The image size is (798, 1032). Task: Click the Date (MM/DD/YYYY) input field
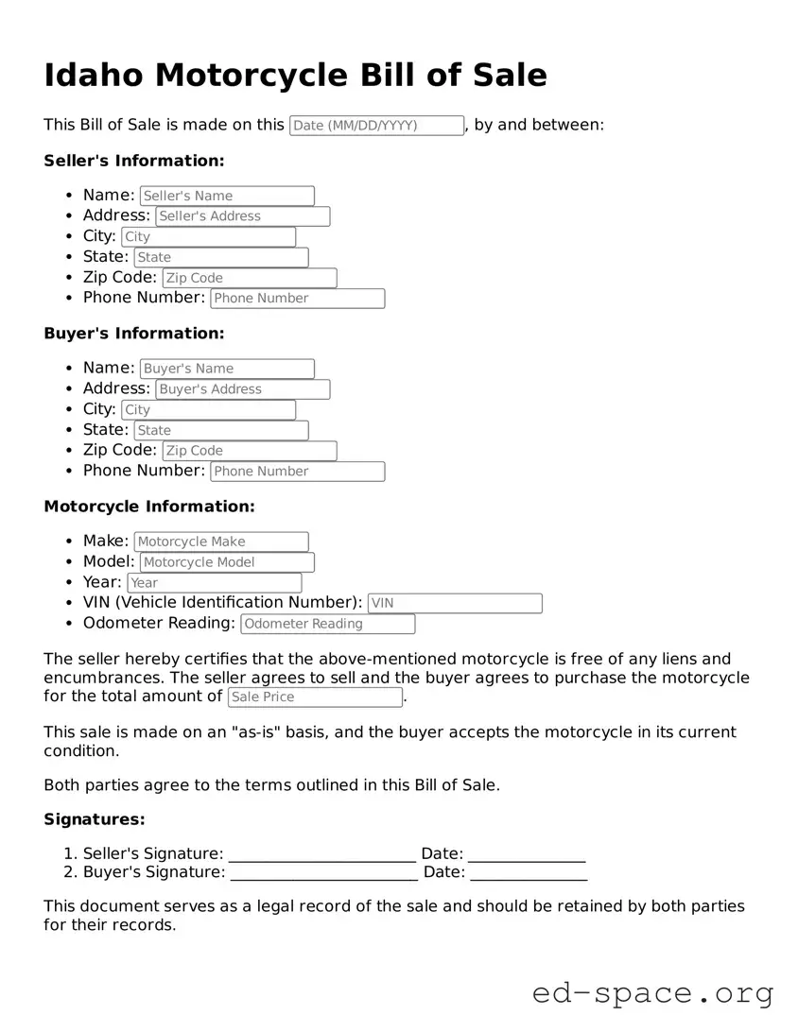click(x=376, y=126)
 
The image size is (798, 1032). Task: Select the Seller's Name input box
click(x=227, y=196)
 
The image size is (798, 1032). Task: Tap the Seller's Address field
click(x=243, y=216)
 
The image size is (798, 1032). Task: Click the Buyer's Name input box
click(x=227, y=369)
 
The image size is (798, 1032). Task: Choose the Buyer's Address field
click(x=243, y=389)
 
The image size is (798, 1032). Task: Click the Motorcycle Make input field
click(x=221, y=542)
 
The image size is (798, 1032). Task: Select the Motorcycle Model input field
click(x=227, y=562)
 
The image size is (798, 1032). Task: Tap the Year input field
click(x=215, y=583)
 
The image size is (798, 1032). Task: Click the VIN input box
click(x=455, y=603)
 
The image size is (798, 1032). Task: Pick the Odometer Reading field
click(x=328, y=624)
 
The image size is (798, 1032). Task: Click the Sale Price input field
click(x=315, y=697)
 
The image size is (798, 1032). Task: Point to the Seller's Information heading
click(x=134, y=161)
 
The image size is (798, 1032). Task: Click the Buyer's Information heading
click(x=134, y=334)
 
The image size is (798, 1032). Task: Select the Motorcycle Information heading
click(x=149, y=507)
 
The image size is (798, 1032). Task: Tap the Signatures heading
click(x=95, y=819)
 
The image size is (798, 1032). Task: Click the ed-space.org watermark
click(x=652, y=993)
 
